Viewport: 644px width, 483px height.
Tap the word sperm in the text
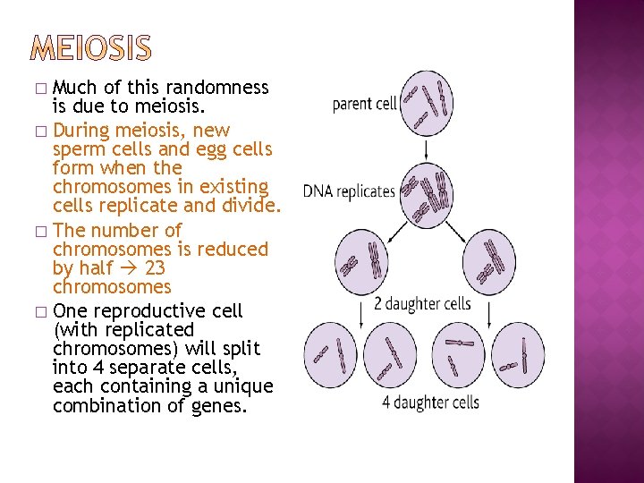point(80,148)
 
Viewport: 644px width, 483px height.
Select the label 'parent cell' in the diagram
point(365,104)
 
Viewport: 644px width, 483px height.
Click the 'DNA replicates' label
point(349,191)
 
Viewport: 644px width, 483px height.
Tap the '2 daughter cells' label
point(423,303)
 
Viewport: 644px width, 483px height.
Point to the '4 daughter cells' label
point(431,402)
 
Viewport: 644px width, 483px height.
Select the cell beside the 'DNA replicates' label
point(425,191)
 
